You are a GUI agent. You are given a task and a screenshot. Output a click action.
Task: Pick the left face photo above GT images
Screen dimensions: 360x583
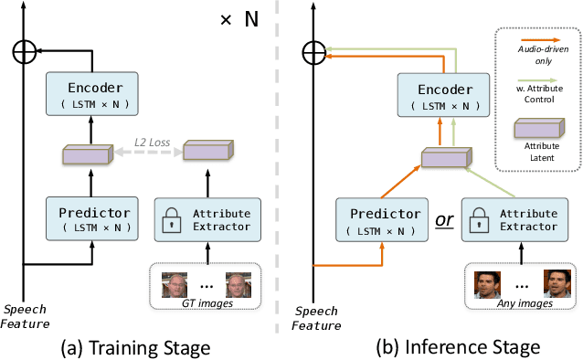tap(175, 286)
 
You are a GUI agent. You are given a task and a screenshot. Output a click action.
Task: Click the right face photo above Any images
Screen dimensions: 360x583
tap(556, 284)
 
